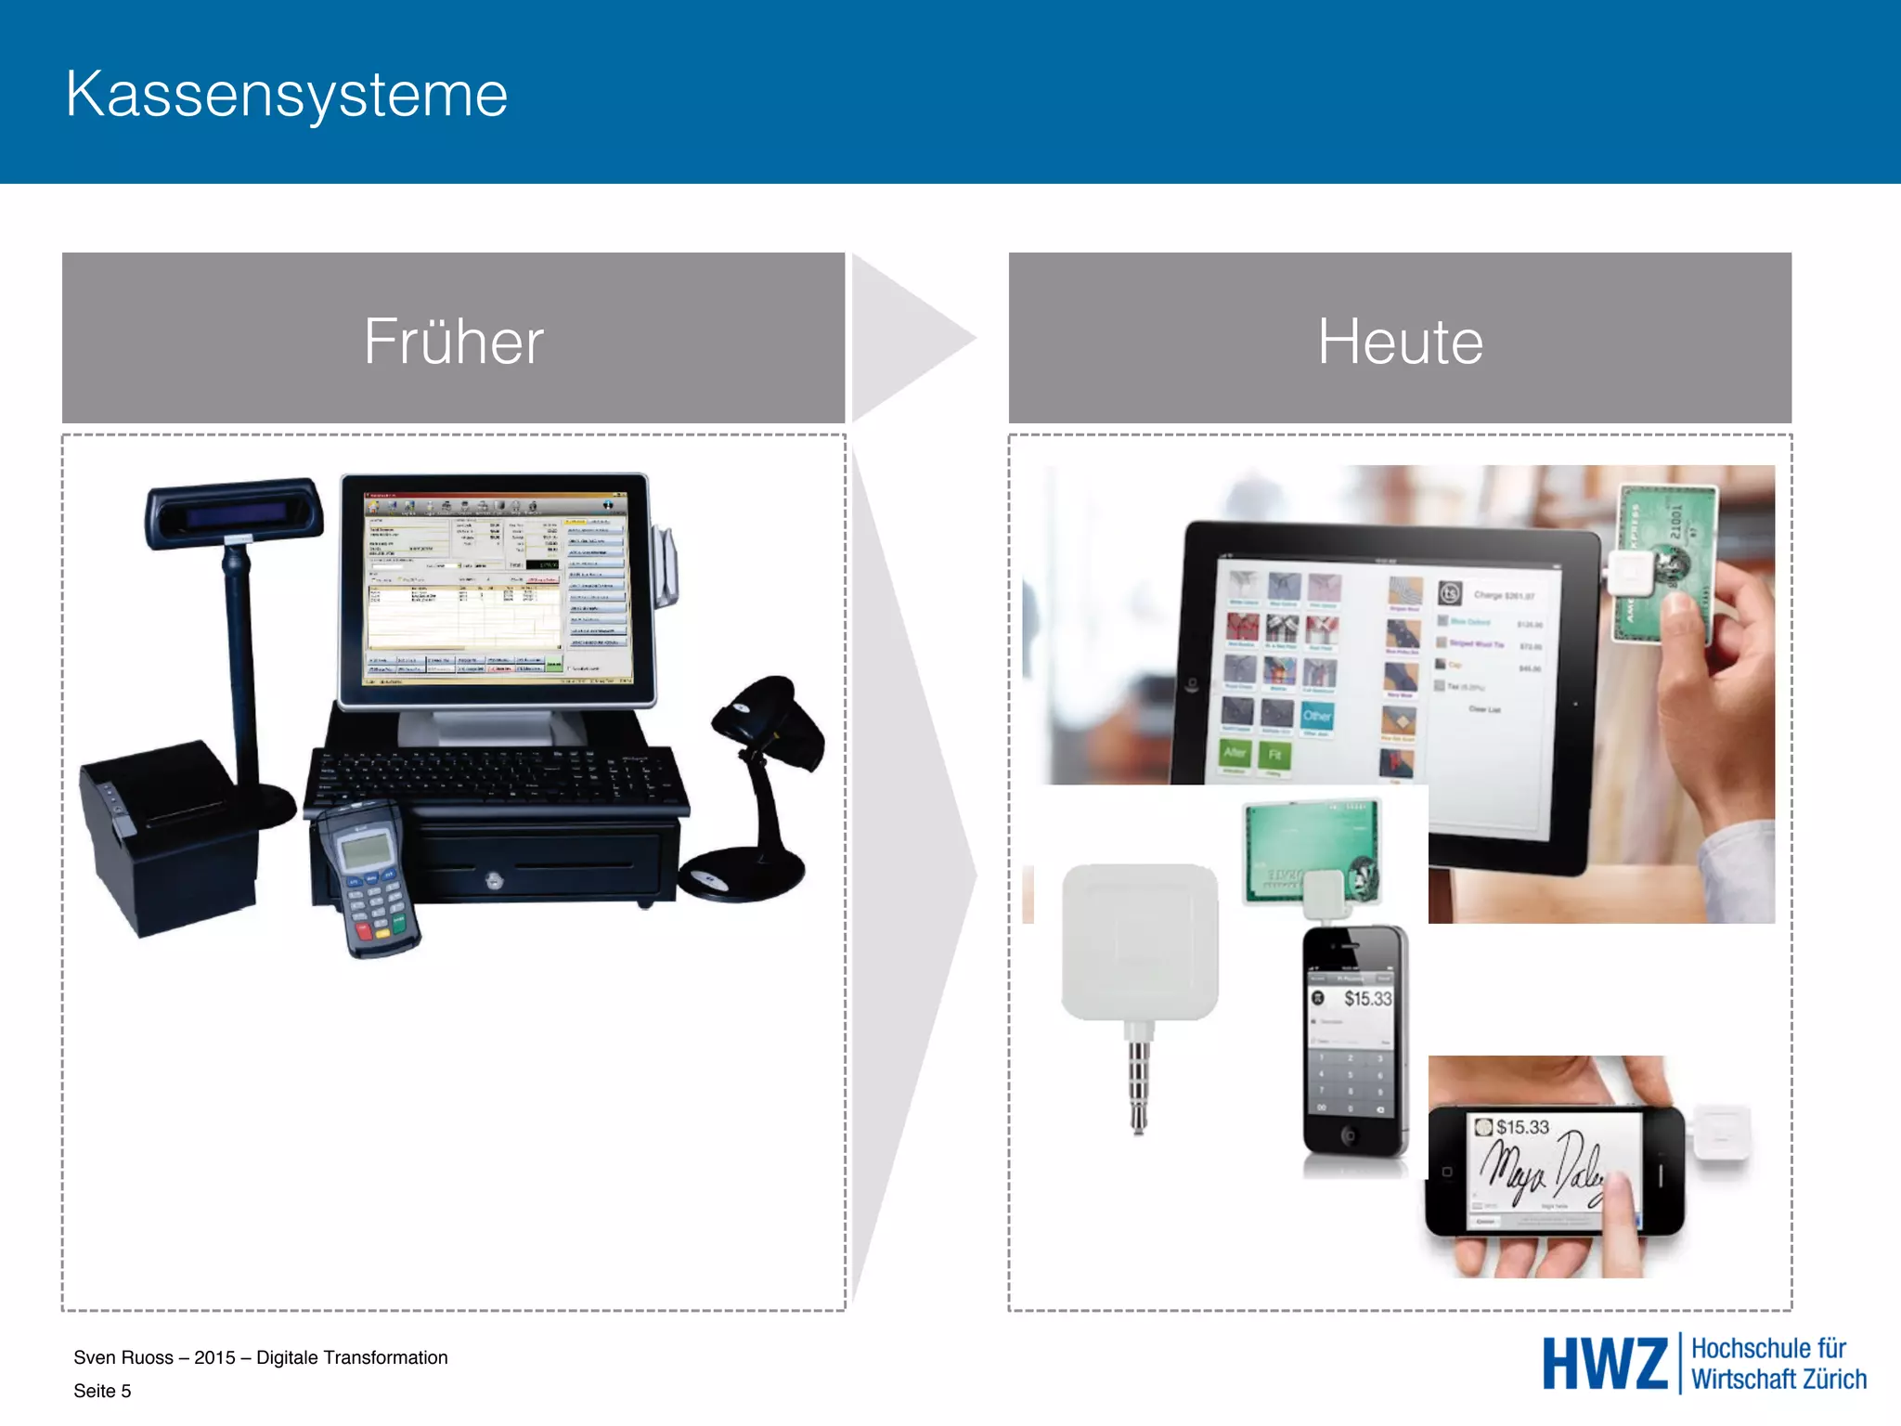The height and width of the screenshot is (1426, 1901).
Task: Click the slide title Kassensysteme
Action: tap(287, 95)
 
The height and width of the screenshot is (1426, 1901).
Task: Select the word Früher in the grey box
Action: tap(453, 342)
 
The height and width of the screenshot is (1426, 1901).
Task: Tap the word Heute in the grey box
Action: tap(1400, 342)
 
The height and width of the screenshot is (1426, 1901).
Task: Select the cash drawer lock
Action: tap(495, 878)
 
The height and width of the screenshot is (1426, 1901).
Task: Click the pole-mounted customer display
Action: tap(234, 512)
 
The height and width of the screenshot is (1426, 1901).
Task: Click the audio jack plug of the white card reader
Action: tap(1139, 1082)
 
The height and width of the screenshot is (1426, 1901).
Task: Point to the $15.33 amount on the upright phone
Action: tap(1367, 999)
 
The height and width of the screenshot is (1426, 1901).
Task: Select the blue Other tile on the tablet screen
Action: tap(1317, 716)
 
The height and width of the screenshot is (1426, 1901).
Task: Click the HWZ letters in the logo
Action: tap(1605, 1364)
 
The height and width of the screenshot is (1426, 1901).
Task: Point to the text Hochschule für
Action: tap(1768, 1349)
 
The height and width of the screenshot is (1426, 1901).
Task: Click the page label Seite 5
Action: tap(102, 1391)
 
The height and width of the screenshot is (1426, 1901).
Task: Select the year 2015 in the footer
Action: tap(214, 1357)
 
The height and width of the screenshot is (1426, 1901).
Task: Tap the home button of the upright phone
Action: tap(1349, 1134)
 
